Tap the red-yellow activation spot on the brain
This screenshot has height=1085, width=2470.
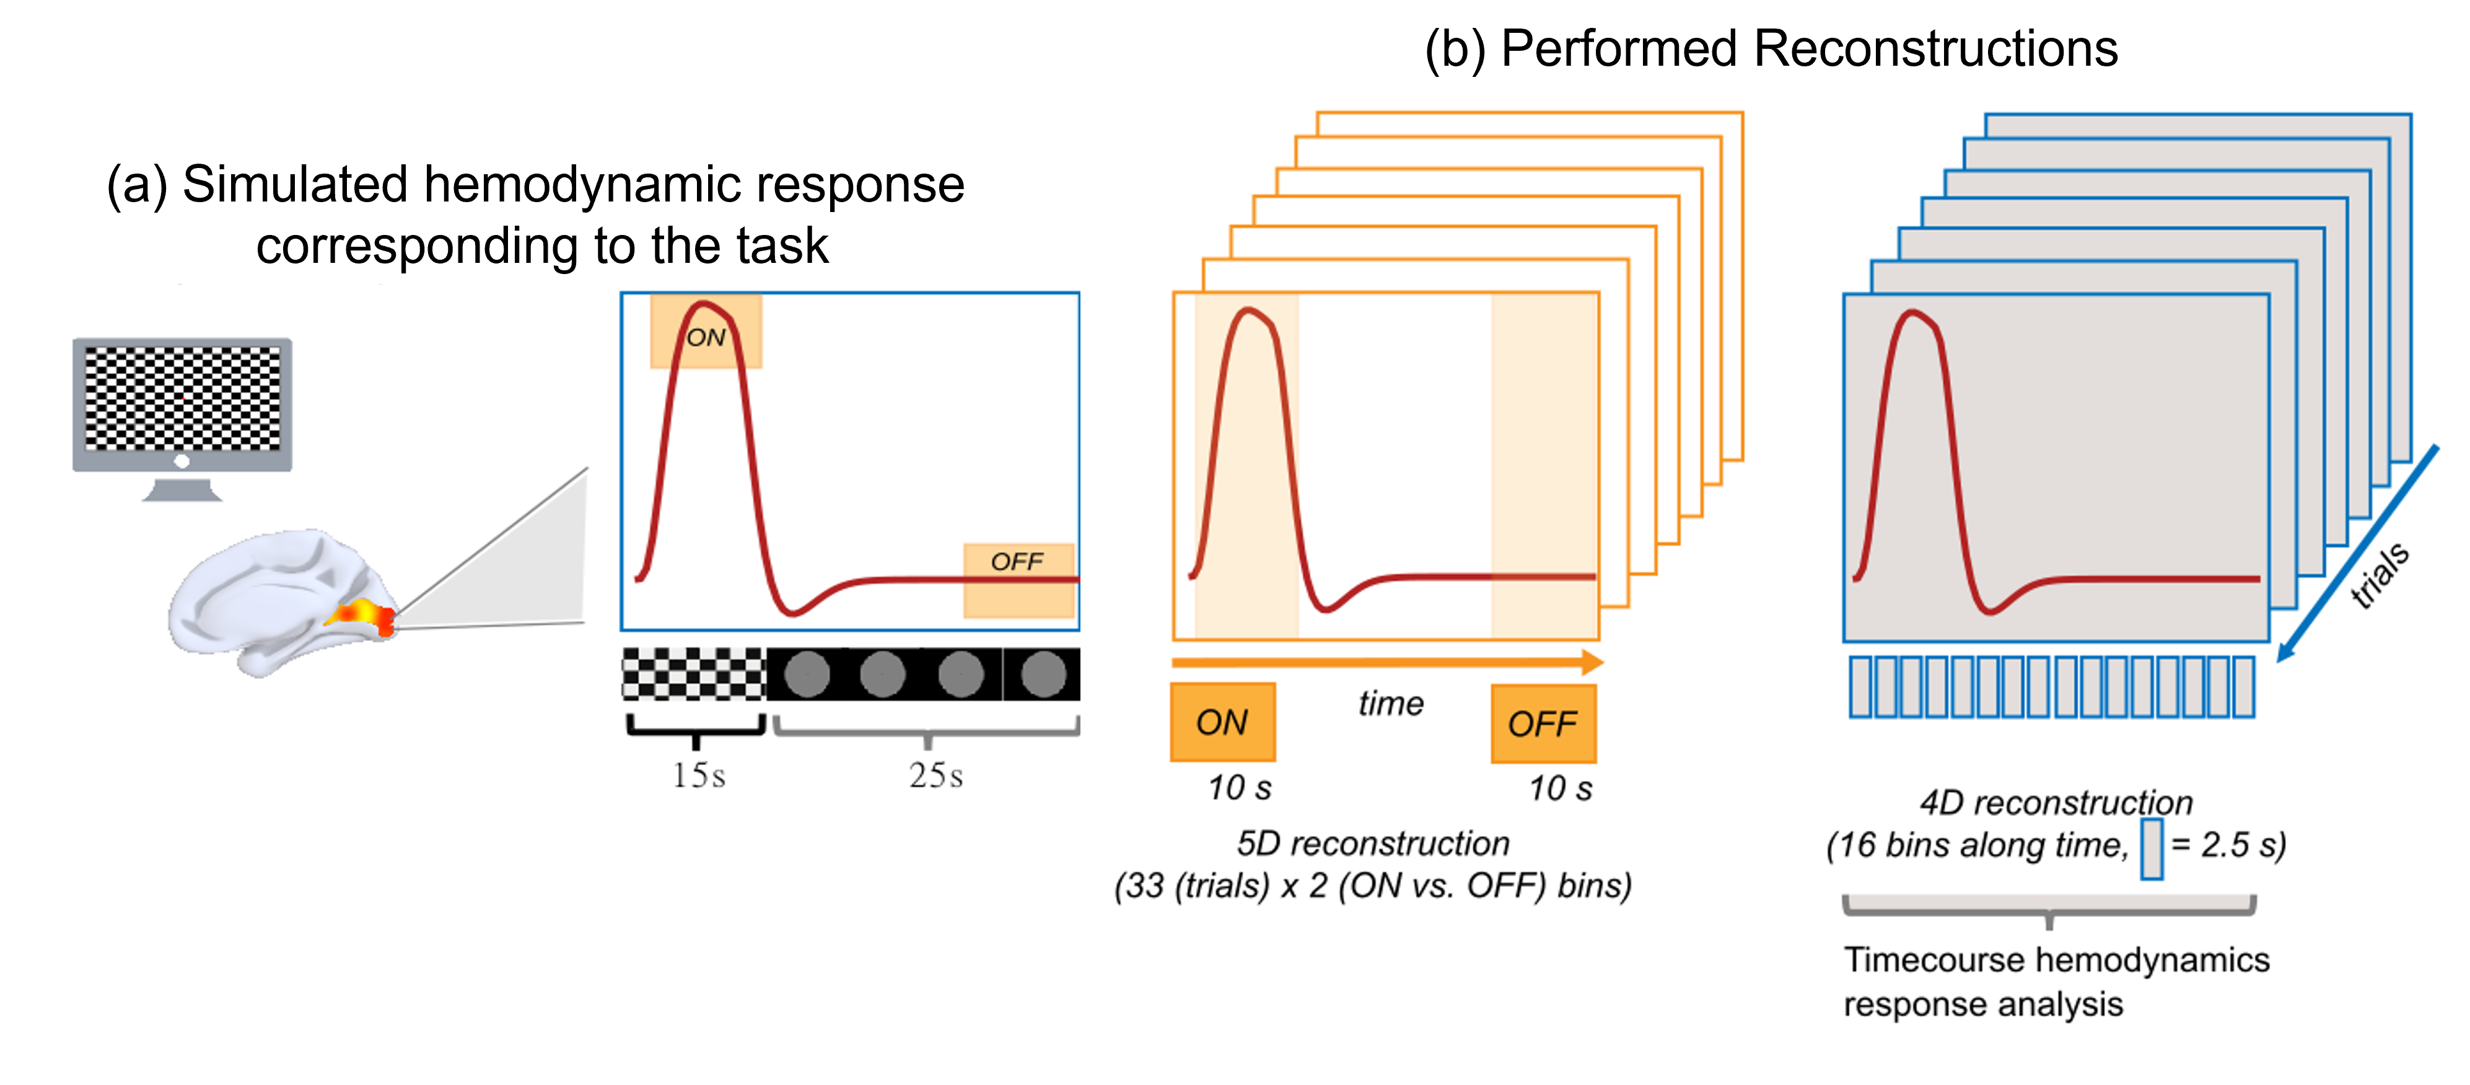point(362,614)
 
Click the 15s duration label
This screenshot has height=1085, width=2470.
point(698,775)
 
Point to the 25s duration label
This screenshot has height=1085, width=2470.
point(935,775)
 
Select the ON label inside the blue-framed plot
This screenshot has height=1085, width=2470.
point(706,338)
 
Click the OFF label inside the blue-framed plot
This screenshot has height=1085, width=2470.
point(1017,561)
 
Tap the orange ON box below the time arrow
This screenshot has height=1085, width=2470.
point(1222,722)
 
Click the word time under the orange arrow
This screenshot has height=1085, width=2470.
point(1390,703)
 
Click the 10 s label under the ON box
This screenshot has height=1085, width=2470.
point(1239,787)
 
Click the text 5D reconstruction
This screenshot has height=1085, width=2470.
point(1372,843)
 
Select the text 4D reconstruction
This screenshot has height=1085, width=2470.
point(2056,802)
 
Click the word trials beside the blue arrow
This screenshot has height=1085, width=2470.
point(2380,575)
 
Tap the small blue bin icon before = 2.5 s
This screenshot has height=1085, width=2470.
point(2152,848)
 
